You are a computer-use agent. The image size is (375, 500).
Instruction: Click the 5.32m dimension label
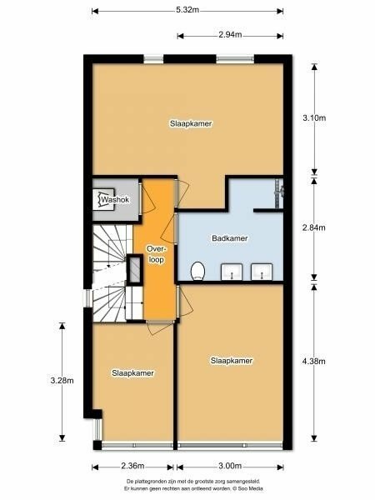pyautogui.click(x=187, y=10)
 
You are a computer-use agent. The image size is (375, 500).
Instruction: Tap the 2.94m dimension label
pyautogui.click(x=230, y=35)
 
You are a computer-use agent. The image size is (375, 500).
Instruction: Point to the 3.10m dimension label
pyautogui.click(x=314, y=118)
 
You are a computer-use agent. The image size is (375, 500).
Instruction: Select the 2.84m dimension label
pyautogui.click(x=314, y=227)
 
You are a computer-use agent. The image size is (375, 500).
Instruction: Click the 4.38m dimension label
pyautogui.click(x=314, y=362)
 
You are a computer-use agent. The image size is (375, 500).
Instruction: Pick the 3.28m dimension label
pyautogui.click(x=62, y=381)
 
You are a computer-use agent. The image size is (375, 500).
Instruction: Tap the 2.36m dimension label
pyautogui.click(x=132, y=466)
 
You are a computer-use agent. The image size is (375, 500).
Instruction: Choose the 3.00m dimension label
pyautogui.click(x=230, y=466)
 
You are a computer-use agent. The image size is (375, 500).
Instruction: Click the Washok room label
pyautogui.click(x=115, y=200)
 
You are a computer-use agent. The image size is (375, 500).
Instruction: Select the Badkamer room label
pyautogui.click(x=230, y=238)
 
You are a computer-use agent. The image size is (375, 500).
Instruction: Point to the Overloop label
pyautogui.click(x=156, y=254)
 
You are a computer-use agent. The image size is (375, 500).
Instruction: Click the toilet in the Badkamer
pyautogui.click(x=198, y=272)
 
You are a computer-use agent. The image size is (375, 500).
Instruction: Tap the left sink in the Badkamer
pyautogui.click(x=232, y=272)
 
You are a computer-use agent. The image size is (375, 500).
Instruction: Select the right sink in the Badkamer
pyautogui.click(x=262, y=272)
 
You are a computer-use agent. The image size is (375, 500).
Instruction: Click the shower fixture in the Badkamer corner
pyautogui.click(x=279, y=193)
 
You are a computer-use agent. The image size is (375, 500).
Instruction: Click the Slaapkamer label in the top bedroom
pyautogui.click(x=191, y=123)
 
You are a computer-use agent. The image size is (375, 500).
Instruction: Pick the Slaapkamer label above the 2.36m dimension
pyautogui.click(x=132, y=373)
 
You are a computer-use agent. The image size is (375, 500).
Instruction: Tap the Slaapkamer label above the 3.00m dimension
pyautogui.click(x=232, y=361)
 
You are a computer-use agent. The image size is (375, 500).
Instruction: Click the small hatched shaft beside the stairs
pyautogui.click(x=135, y=269)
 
